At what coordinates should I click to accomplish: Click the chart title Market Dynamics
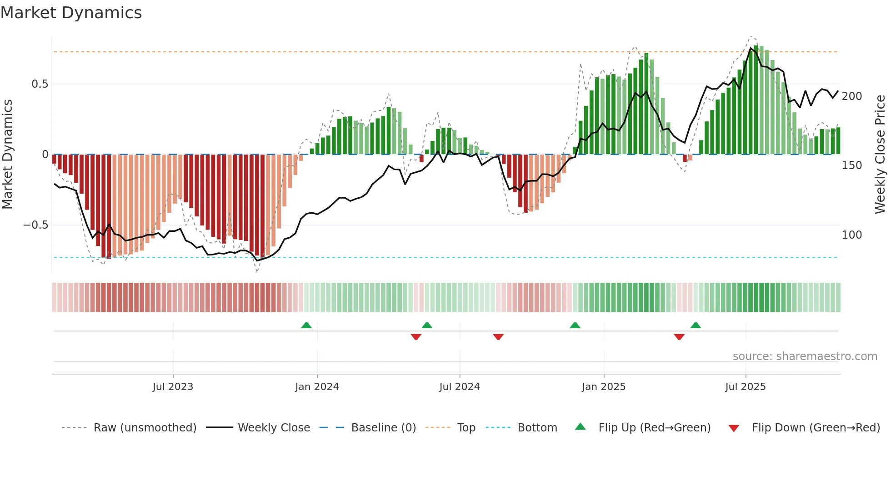(71, 13)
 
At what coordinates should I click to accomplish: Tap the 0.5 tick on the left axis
(40, 84)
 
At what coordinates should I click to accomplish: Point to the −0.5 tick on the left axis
(36, 225)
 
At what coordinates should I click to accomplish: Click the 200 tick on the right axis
(851, 96)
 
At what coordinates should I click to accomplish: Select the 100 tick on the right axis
(851, 235)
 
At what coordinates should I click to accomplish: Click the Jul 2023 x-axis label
(173, 387)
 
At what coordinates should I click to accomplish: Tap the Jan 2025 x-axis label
(603, 387)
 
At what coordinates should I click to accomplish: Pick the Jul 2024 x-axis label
(459, 387)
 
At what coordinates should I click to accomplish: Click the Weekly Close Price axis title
(880, 155)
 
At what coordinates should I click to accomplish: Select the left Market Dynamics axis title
(7, 155)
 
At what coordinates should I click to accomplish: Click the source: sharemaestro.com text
(805, 356)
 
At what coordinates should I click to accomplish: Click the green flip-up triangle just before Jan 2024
(306, 326)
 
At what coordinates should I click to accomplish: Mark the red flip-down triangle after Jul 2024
(498, 337)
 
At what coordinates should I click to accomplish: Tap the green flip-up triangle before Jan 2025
(575, 326)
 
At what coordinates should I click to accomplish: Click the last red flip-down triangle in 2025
(679, 337)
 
